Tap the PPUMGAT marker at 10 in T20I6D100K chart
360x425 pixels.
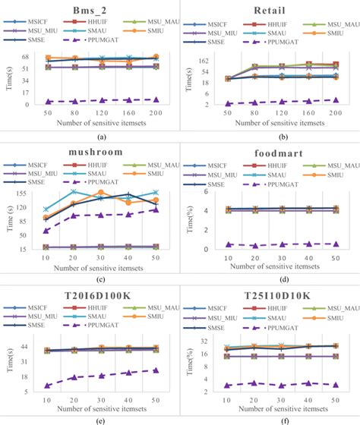47,386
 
